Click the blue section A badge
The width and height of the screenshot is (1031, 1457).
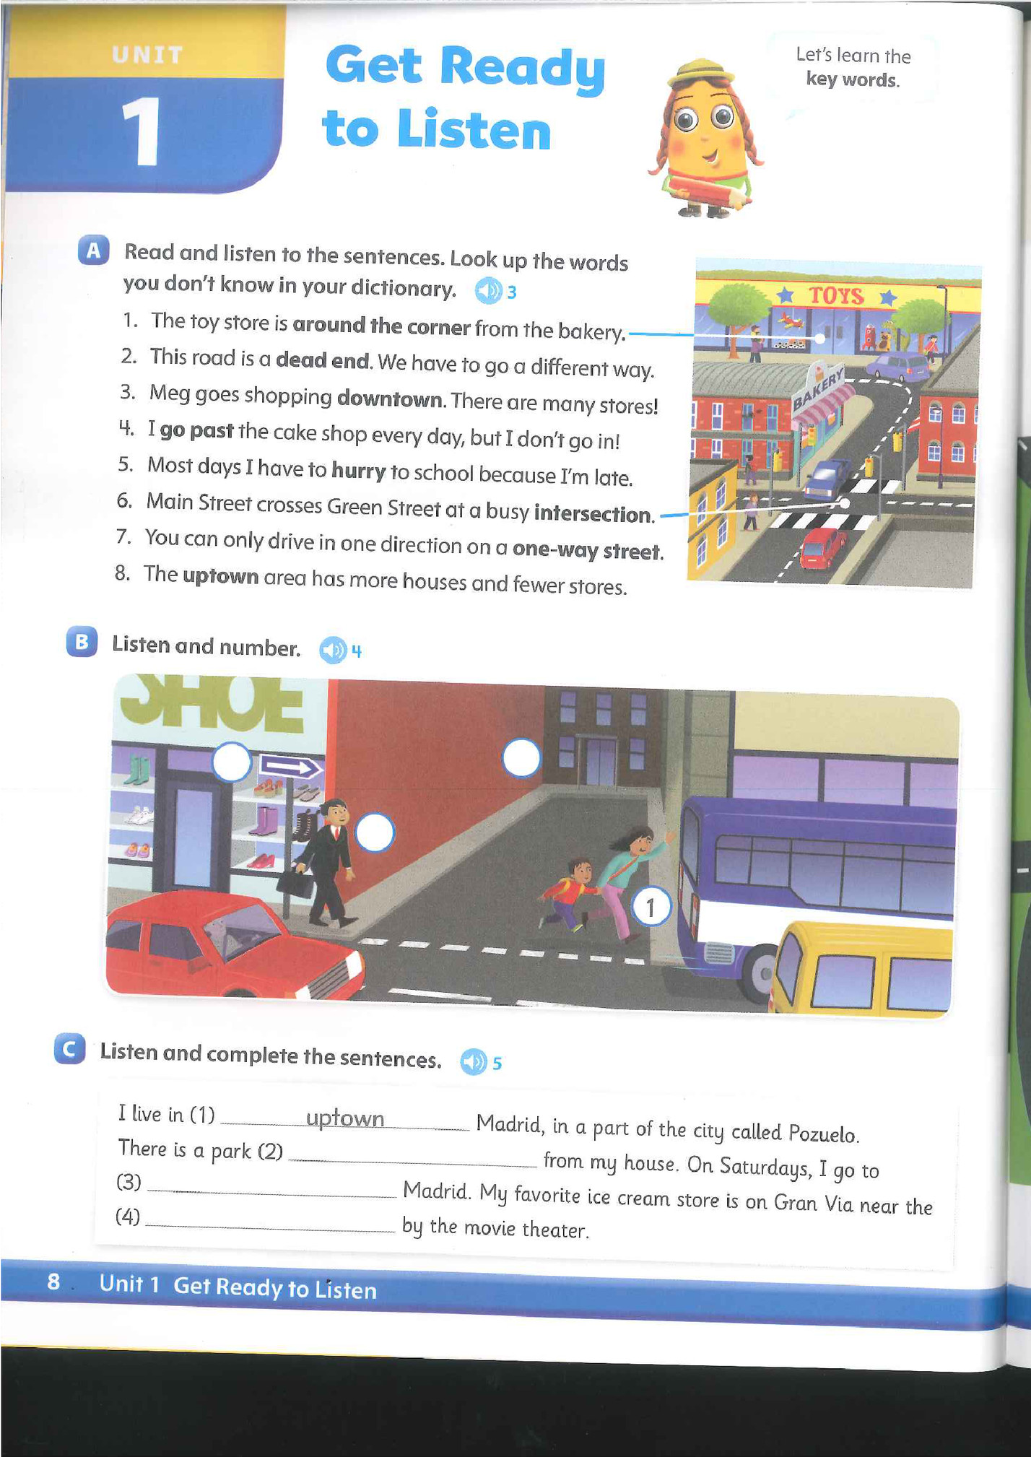coord(94,250)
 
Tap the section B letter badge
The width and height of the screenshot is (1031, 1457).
coord(82,641)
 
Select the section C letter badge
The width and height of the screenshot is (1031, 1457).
coord(70,1048)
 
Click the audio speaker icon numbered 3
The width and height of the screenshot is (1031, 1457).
coord(488,291)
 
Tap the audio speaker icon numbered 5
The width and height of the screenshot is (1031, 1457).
coord(474,1061)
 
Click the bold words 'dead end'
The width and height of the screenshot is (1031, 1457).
coord(323,360)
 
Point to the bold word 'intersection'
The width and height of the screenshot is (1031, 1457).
coord(593,513)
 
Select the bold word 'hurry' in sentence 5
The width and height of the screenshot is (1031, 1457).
coord(359,471)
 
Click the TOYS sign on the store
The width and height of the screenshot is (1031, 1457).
coord(836,295)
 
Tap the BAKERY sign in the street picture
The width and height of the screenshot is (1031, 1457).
coord(819,389)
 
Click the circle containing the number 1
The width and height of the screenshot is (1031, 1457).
coord(651,907)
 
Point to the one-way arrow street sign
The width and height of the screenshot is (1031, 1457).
coord(290,767)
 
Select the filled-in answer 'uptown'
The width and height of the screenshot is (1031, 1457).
coord(345,1118)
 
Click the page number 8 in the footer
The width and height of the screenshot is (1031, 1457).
coord(53,1282)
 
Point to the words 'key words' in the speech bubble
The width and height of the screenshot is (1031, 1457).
coord(853,79)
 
